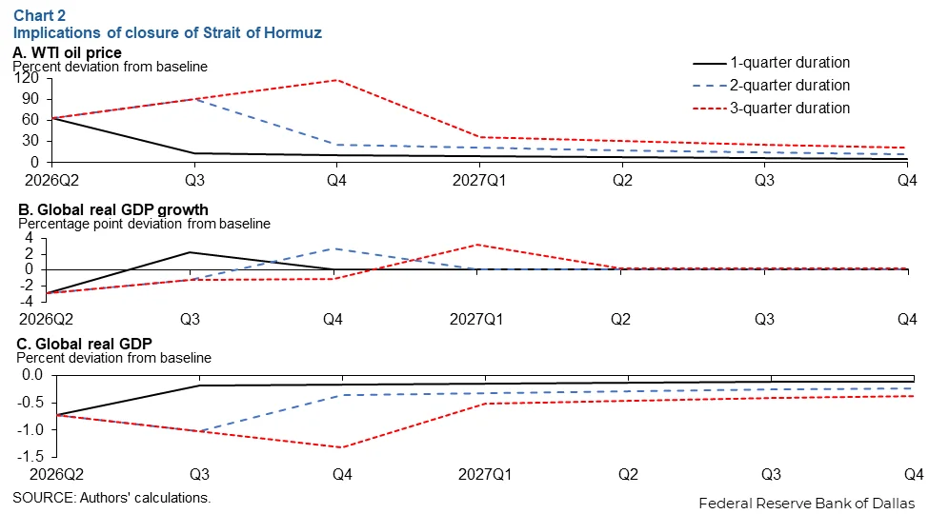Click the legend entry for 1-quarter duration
pyautogui.click(x=789, y=63)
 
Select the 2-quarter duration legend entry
pyautogui.click(x=790, y=86)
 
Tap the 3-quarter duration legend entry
pyautogui.click(x=790, y=108)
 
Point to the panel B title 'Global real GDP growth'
pyautogui.click(x=111, y=209)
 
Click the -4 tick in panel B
pyautogui.click(x=29, y=300)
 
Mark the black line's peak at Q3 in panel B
pyautogui.click(x=191, y=252)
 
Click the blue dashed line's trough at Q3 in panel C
pyautogui.click(x=196, y=431)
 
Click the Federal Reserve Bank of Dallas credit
pyautogui.click(x=806, y=503)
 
